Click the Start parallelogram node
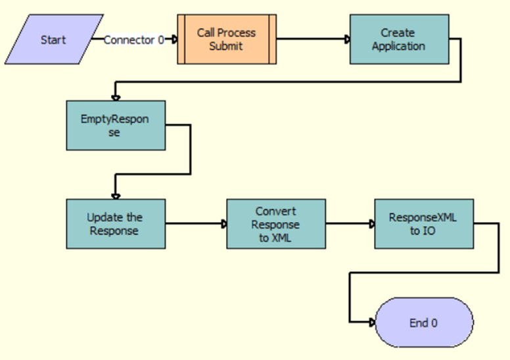[x=53, y=39]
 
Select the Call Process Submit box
[x=227, y=39]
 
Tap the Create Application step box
[x=399, y=39]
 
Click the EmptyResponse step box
[x=116, y=125]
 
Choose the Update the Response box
[x=116, y=223]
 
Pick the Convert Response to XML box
[x=276, y=223]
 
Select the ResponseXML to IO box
[x=424, y=223]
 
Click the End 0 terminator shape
[x=424, y=323]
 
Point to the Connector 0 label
[x=133, y=40]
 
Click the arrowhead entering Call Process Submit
[x=174, y=39]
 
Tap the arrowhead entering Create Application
[x=346, y=39]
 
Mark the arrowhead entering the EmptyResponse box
[x=116, y=97]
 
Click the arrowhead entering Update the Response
[x=116, y=196]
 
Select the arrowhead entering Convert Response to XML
[x=223, y=223]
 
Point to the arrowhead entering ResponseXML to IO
[x=371, y=223]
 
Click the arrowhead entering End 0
[x=371, y=323]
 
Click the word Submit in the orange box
[x=226, y=46]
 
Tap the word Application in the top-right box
[x=398, y=46]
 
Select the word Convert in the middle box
[x=276, y=212]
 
